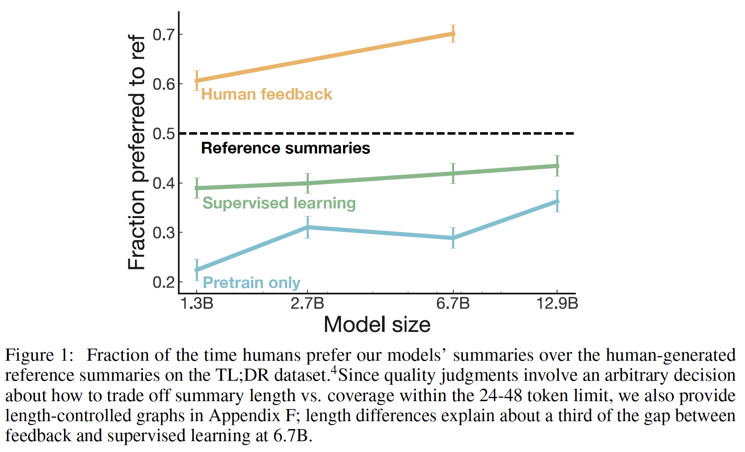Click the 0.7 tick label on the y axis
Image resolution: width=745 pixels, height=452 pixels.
(x=164, y=35)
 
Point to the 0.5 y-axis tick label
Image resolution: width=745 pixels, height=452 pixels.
(x=164, y=134)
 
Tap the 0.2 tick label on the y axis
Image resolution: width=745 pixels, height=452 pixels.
(x=164, y=282)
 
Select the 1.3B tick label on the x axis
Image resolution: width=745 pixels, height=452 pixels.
(x=197, y=303)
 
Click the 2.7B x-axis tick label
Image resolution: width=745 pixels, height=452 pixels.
(x=307, y=303)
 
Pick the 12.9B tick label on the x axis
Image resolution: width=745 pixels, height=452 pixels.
(x=557, y=303)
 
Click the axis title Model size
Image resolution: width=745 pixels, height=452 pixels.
(x=377, y=325)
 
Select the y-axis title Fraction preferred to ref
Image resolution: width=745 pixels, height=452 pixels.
(x=137, y=152)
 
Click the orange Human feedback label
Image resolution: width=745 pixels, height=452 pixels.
(x=267, y=94)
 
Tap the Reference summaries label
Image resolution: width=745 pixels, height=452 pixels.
(x=285, y=148)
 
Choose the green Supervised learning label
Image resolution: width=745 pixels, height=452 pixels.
(x=279, y=203)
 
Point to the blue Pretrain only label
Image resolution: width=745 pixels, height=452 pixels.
(x=251, y=283)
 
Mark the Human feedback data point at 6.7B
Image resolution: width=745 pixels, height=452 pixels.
(x=453, y=33)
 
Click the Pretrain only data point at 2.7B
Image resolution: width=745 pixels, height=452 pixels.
(x=307, y=227)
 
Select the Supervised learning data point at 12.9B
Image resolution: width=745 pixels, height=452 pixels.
(x=557, y=166)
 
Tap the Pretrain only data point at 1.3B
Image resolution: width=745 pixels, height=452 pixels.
(x=197, y=270)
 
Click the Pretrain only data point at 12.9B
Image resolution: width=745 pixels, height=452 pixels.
(x=557, y=201)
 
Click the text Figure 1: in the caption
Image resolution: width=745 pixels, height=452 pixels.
(x=39, y=355)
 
